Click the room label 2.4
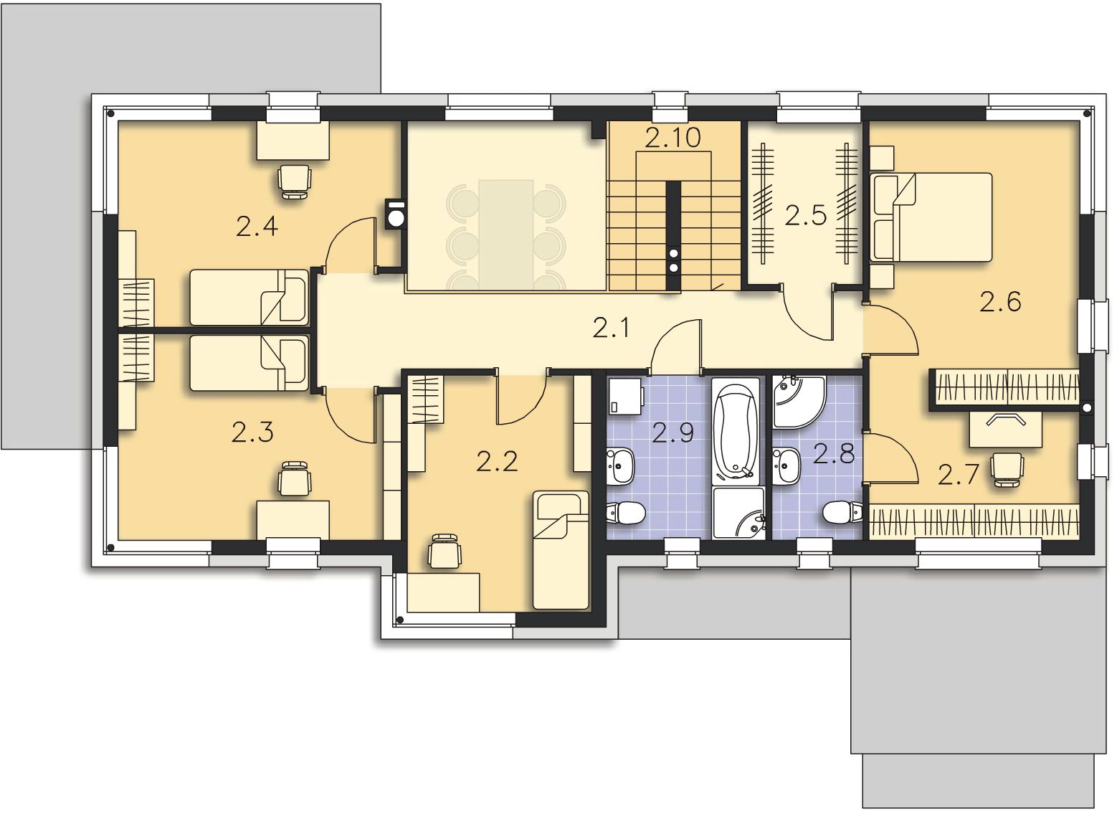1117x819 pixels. point(257,227)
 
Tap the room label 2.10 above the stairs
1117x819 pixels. point(672,138)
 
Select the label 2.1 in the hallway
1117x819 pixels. point(611,328)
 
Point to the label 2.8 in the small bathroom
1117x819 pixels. point(834,454)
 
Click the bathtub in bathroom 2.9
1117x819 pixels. point(736,430)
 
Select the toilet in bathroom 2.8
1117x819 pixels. point(842,512)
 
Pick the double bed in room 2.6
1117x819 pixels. point(931,217)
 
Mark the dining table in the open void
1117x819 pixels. point(506,235)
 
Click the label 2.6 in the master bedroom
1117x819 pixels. point(1000,302)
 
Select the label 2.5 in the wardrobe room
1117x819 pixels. point(805,215)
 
